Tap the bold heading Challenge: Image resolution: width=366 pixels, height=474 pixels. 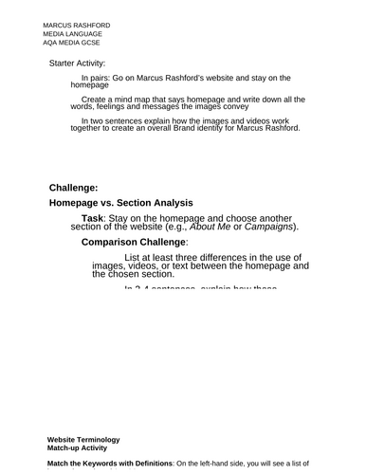[x=73, y=188]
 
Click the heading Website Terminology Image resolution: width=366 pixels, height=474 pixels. [x=83, y=440]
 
